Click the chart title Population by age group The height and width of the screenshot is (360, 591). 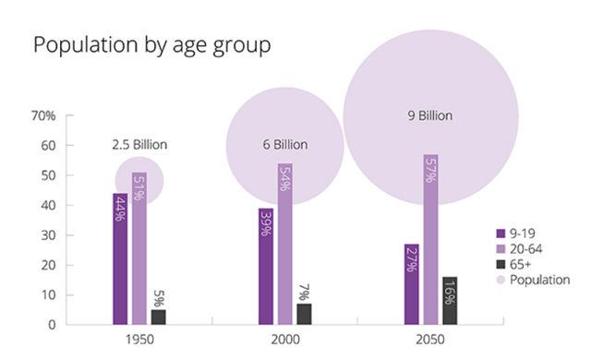(x=152, y=46)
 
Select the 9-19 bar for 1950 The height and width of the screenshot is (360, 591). (x=121, y=259)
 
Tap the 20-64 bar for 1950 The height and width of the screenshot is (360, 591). (x=139, y=249)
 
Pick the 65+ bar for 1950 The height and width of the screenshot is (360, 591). (x=158, y=317)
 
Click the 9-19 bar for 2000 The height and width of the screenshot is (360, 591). (x=267, y=267)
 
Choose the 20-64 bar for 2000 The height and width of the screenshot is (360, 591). (x=285, y=245)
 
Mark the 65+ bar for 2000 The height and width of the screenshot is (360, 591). (x=304, y=314)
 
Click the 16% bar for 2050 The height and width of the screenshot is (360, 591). (x=450, y=300)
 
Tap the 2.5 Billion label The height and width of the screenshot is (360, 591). (x=139, y=145)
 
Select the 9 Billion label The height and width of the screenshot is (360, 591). (x=431, y=116)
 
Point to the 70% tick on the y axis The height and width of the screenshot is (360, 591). (x=43, y=115)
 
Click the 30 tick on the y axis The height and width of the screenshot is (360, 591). (x=47, y=235)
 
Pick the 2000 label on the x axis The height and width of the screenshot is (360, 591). (x=284, y=340)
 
